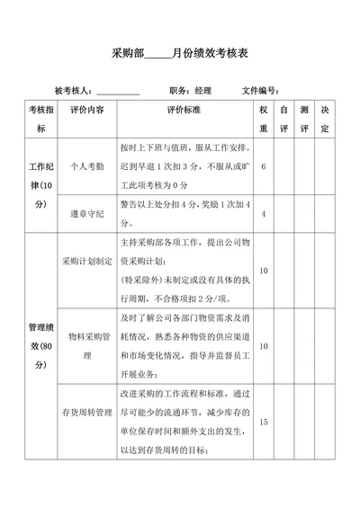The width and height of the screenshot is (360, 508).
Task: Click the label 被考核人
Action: (74, 91)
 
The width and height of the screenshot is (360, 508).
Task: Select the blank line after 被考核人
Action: (118, 92)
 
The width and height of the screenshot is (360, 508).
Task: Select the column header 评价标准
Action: (184, 110)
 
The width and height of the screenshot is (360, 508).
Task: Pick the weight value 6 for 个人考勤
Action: (263, 167)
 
